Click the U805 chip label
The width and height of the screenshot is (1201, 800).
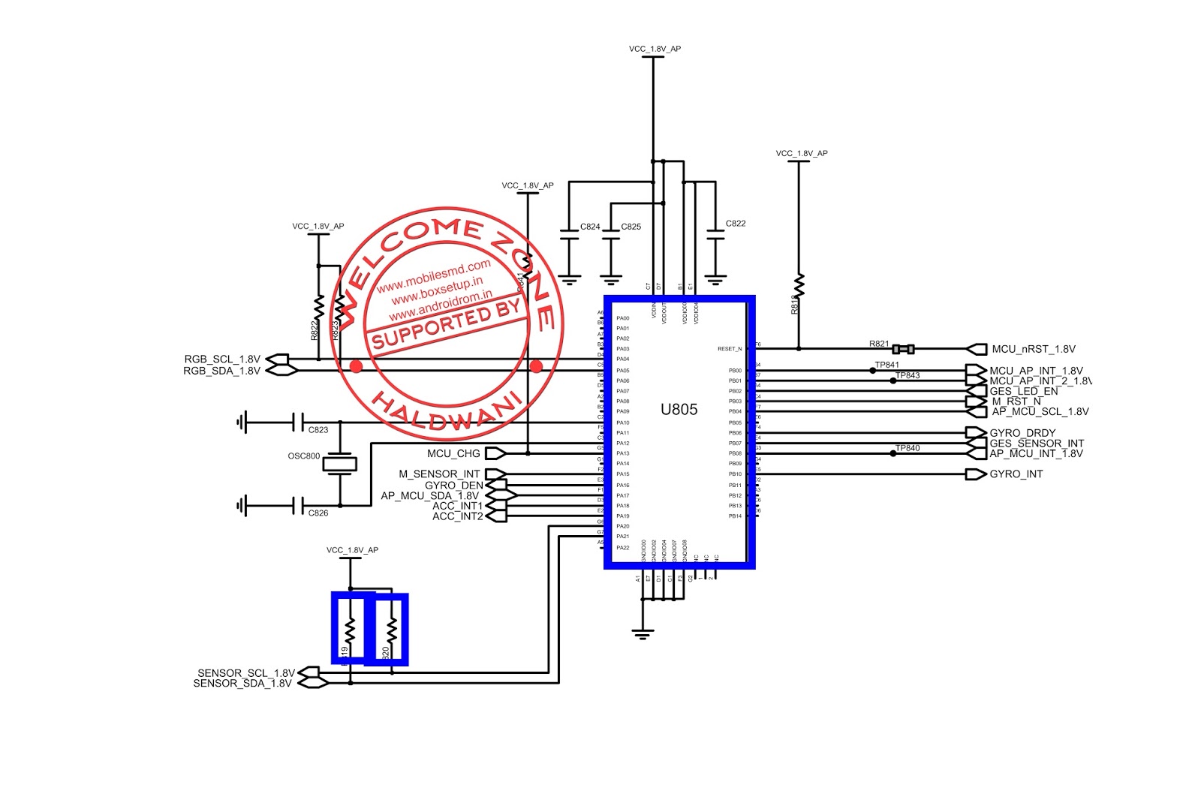coord(679,410)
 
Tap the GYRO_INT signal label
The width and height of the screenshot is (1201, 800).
coord(1016,474)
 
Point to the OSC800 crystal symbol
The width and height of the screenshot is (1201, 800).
coord(339,465)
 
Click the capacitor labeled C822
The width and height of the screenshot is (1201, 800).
coord(716,239)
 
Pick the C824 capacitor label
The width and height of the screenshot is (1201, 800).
coord(590,227)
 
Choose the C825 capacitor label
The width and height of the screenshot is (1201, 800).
coord(631,227)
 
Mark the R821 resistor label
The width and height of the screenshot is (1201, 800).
coord(879,344)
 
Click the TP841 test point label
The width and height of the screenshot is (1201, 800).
coord(886,365)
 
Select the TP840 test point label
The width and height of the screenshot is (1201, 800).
coord(908,448)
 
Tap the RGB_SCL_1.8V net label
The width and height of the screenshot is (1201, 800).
coord(222,359)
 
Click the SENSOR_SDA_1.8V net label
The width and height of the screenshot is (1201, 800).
coord(242,684)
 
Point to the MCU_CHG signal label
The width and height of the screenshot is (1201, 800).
coord(453,453)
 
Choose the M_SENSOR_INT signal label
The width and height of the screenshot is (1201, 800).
coord(439,474)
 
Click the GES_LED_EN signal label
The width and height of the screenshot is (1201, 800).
coord(1024,392)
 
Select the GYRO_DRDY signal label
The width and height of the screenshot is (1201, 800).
coord(1022,433)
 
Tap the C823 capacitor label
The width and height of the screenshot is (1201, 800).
coord(318,430)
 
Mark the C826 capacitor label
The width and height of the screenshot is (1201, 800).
coord(318,513)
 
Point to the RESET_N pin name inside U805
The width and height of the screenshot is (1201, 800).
coord(730,349)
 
